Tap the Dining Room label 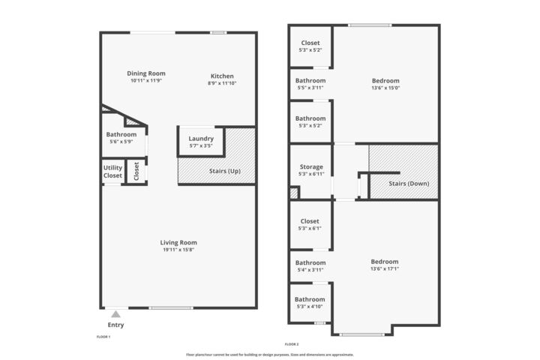[145, 73]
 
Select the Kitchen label [222, 76]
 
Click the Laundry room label [201, 138]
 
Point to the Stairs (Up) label [224, 171]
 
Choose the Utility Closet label [112, 172]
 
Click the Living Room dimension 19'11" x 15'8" [178, 250]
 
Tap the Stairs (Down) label [409, 183]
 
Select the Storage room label [311, 166]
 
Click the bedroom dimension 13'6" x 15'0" [385, 88]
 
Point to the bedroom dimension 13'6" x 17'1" [385, 269]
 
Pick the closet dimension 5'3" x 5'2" [310, 50]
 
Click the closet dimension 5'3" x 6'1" [310, 229]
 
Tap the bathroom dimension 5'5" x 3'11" [310, 88]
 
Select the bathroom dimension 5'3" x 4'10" [310, 307]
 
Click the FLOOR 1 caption [103, 337]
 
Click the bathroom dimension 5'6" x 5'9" [121, 142]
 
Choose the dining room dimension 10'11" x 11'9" [145, 80]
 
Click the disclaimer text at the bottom [270, 355]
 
